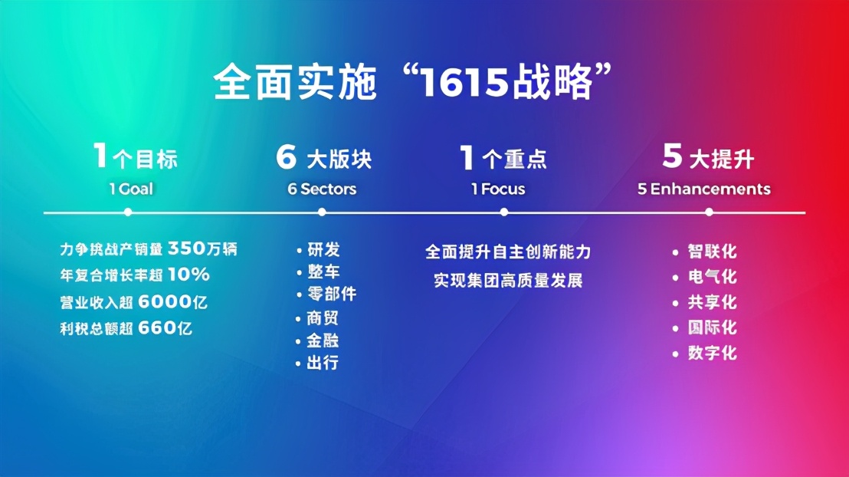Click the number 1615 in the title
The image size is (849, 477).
coord(464,83)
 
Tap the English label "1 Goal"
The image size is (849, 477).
coord(131,189)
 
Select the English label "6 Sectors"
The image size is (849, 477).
coord(322,189)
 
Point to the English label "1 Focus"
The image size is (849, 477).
coord(498,189)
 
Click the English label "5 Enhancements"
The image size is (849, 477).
coord(704,189)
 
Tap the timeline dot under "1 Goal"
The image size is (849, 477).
coord(128,212)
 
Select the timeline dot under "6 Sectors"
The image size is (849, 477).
coord(322,212)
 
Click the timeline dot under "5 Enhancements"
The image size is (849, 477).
coord(709,212)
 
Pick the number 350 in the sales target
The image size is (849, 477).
coord(187,248)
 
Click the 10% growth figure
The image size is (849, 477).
coord(188,275)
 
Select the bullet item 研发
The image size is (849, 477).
coord(324,250)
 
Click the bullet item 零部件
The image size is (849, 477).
coord(332,294)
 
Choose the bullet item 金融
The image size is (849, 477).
coord(323,340)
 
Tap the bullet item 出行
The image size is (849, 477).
coord(323,363)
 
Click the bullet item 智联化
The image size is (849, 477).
coord(712,252)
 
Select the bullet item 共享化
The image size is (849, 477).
coord(712,302)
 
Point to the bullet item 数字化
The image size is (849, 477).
coord(712,354)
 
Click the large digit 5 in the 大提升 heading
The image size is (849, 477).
coord(672,156)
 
